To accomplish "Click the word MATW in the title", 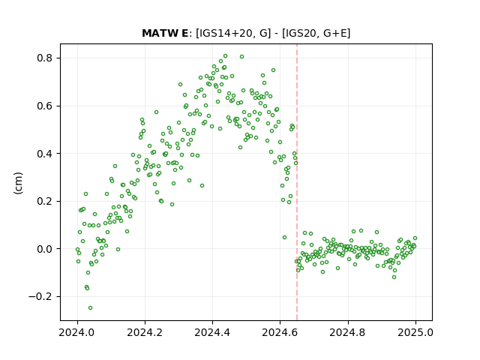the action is tap(157, 33).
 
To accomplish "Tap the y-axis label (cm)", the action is tap(18, 183).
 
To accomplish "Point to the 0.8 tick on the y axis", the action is tap(45, 58).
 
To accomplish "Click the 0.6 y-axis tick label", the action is tap(45, 106).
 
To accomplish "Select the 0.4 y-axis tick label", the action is tap(45, 154).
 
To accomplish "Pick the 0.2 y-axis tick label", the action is tap(45, 202).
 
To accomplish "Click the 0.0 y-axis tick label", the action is tap(45, 249).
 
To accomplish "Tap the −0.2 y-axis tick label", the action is tap(41, 297).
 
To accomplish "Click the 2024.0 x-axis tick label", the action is tap(77, 332).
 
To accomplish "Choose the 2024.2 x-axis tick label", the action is tap(145, 332).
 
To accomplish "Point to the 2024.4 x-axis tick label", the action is tap(212, 332).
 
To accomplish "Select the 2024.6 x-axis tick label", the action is tap(280, 332).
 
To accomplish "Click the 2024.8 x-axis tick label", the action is tap(348, 332).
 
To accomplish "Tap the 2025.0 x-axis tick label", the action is tap(415, 332).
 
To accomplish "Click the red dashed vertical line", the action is tap(297, 182).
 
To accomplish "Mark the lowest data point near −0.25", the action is tap(90, 308).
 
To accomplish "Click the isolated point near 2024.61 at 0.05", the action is tap(285, 238).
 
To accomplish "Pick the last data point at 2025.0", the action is tap(415, 238).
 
